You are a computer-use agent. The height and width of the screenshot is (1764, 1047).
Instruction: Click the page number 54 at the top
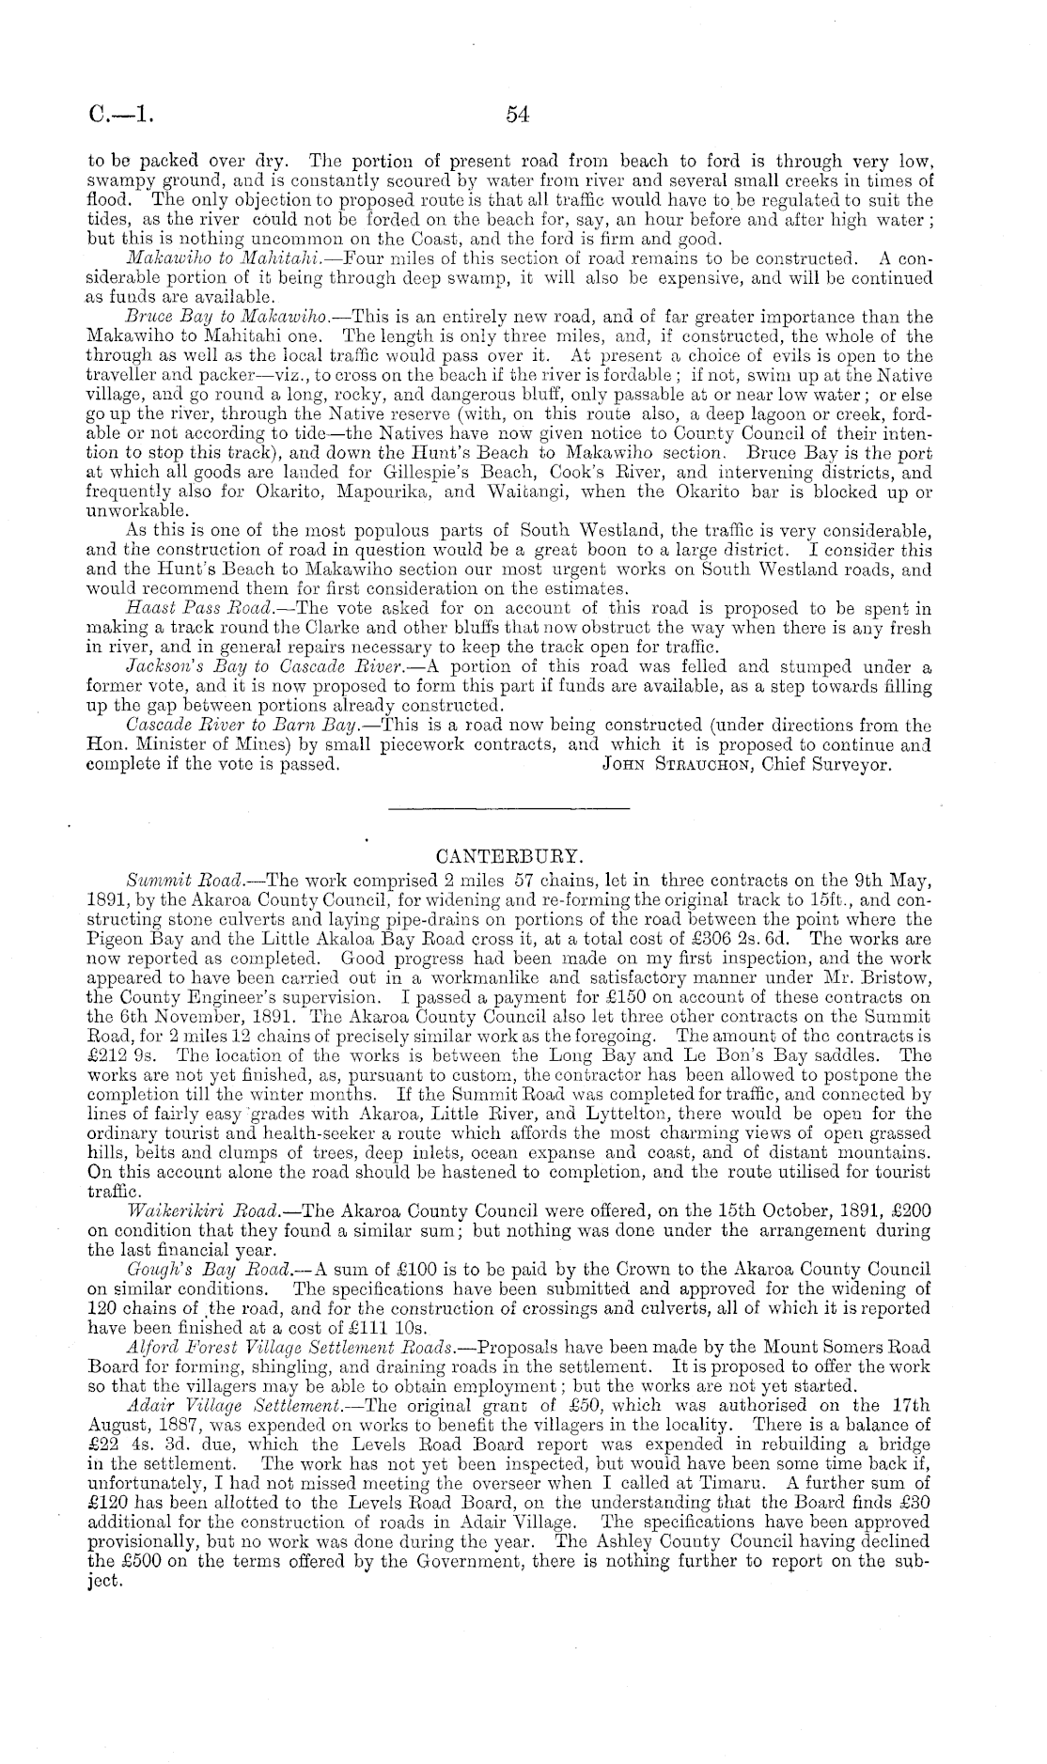pos(518,115)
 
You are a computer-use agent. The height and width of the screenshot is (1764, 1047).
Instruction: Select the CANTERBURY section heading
pos(509,857)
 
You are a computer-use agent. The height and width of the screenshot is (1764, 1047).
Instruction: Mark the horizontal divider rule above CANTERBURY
pos(508,807)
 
